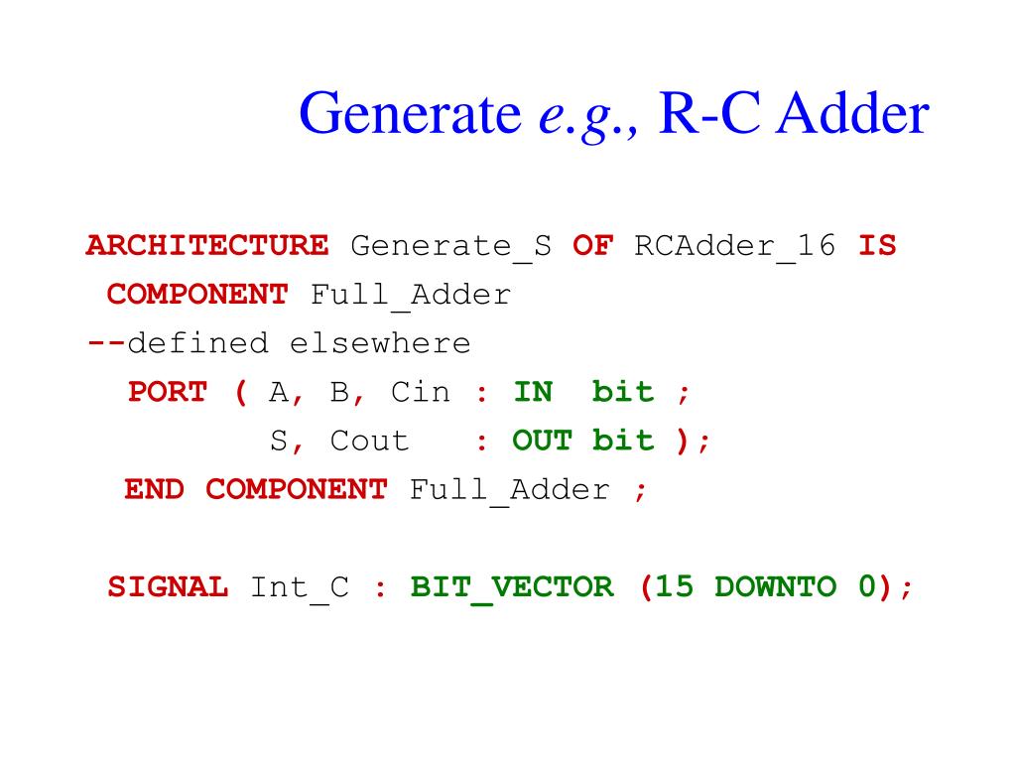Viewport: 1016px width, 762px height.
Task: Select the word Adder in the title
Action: pos(853,116)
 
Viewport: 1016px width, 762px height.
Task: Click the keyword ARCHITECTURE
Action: pos(207,245)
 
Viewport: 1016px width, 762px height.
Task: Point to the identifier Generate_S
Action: pos(451,246)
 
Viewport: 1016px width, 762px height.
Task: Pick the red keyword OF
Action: pos(592,245)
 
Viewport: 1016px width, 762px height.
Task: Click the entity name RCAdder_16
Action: pos(735,246)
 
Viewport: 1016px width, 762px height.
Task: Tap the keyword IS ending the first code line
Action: pos(877,245)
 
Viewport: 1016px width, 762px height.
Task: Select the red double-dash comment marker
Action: pos(106,343)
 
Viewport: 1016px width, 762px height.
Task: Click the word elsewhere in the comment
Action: pos(380,343)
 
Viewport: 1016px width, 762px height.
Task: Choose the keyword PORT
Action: pos(168,392)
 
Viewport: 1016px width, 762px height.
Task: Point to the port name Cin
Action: pos(421,392)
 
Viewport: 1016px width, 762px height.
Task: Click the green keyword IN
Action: pos(533,392)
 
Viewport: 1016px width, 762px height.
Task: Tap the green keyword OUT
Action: pos(543,441)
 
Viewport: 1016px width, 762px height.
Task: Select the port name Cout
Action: pos(370,441)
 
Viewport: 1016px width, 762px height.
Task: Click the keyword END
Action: pos(154,489)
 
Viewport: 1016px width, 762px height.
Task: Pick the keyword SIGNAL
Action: pos(168,586)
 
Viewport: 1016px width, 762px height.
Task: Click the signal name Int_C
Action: pos(300,587)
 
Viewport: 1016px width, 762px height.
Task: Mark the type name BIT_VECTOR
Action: pos(512,587)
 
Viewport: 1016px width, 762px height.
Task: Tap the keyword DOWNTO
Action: pos(775,586)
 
